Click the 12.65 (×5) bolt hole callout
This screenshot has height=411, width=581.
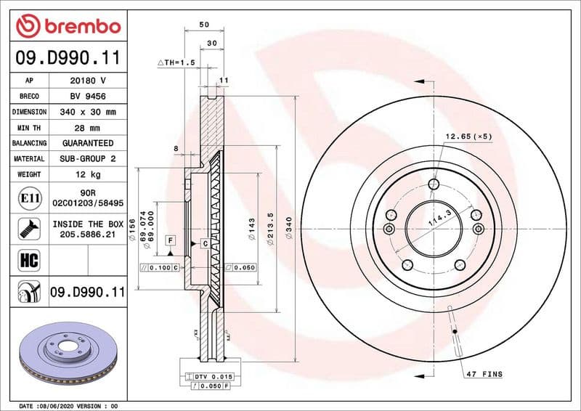[x=468, y=137]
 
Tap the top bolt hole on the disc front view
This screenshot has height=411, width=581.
[x=434, y=184]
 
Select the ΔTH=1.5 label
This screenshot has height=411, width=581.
[x=176, y=63]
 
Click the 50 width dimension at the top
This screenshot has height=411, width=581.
[x=203, y=25]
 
